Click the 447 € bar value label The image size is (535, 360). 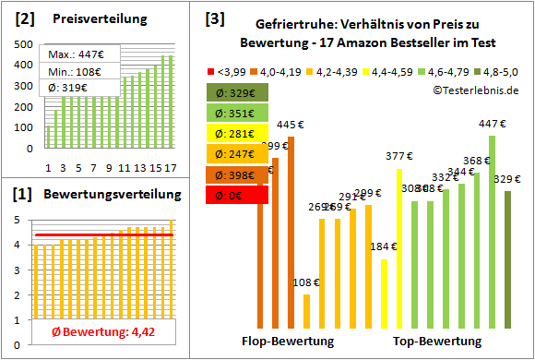492,123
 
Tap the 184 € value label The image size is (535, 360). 383,246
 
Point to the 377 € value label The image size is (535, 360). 398,156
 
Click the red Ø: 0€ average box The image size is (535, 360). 237,195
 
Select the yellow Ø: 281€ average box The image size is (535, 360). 237,134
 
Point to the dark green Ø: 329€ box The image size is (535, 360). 237,92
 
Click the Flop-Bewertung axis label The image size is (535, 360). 289,341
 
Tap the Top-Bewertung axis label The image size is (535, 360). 438,341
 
